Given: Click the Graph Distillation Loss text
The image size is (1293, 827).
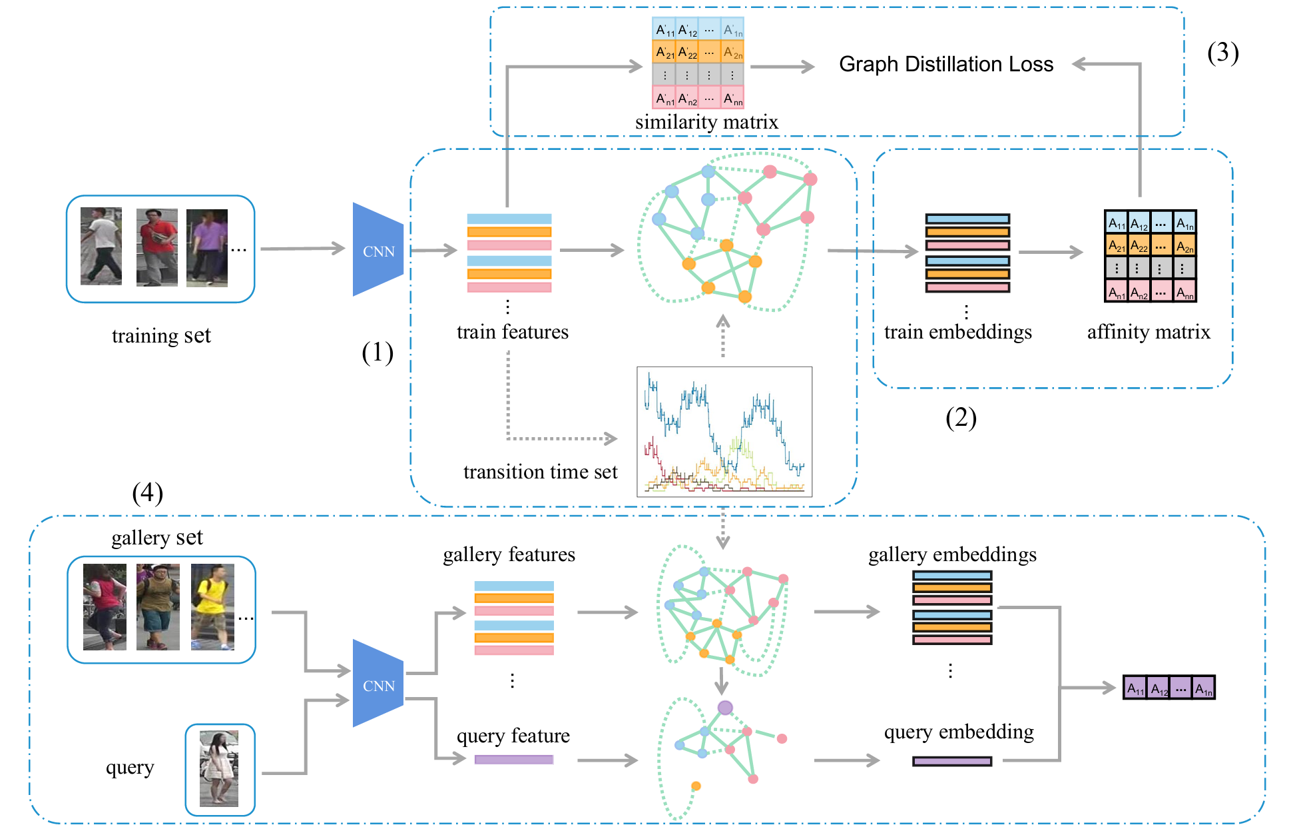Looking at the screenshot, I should tap(945, 64).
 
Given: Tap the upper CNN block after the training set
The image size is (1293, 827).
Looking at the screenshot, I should tap(378, 250).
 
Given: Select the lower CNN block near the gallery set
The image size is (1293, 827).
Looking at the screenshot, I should tap(378, 684).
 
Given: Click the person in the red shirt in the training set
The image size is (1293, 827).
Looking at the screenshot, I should tap(156, 247).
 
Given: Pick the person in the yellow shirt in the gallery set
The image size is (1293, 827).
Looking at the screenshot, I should tap(212, 606).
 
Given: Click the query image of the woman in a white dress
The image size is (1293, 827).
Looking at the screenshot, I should tap(219, 768).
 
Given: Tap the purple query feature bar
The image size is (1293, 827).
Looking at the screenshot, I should tap(513, 760).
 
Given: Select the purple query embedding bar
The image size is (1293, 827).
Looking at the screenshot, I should tap(951, 761).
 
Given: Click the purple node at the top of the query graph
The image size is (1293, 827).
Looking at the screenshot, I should tap(725, 708).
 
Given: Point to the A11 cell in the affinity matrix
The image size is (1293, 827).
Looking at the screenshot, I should tap(1116, 223).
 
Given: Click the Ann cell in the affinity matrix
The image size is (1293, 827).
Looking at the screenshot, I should tap(1184, 292).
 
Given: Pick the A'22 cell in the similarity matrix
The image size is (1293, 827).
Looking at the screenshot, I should tap(687, 52).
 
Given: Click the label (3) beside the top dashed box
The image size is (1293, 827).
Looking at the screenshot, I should tap(1222, 53).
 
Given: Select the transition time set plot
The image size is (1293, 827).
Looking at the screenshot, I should tap(724, 432).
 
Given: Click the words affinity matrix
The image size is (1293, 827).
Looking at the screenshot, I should tap(1149, 332).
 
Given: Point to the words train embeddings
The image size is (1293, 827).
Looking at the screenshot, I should tap(957, 332).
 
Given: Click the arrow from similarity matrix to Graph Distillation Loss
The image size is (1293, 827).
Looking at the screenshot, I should tap(782, 67).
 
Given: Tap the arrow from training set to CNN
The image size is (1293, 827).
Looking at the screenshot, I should tap(302, 249).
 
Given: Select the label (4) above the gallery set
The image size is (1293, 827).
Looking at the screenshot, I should tap(147, 493).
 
